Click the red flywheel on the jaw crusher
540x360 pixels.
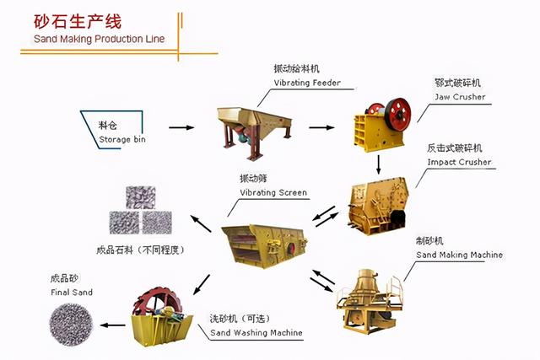pyautogui.click(x=400, y=110)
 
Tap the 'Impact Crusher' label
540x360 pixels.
pyautogui.click(x=459, y=162)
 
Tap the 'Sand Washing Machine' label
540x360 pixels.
pyautogui.click(x=256, y=333)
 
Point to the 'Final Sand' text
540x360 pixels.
pyautogui.click(x=71, y=293)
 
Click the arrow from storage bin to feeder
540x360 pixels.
pyautogui.click(x=180, y=128)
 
